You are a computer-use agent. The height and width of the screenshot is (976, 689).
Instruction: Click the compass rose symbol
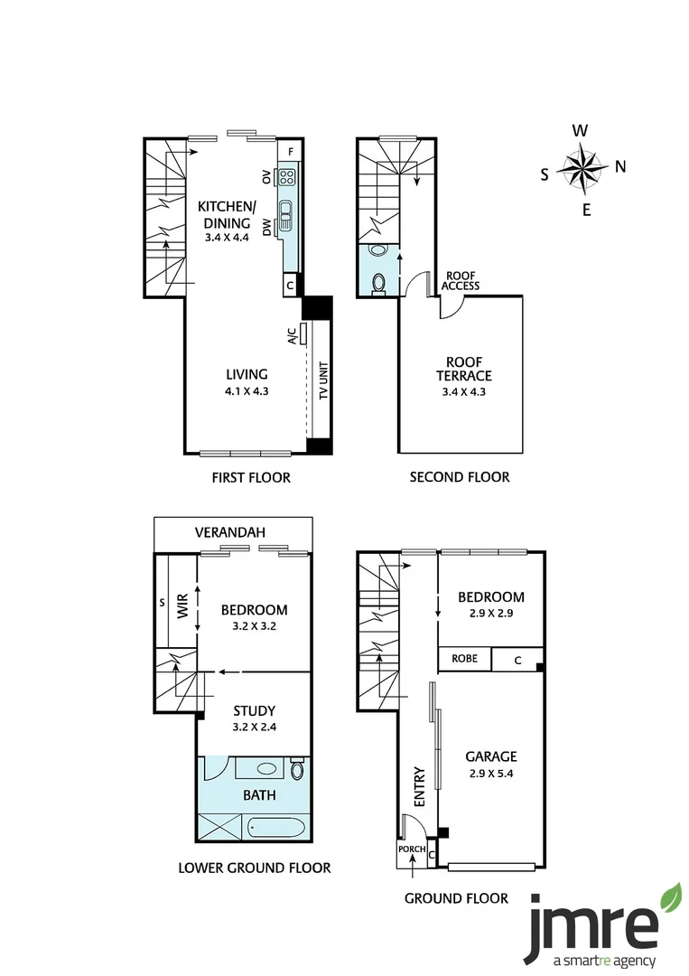pos(582,168)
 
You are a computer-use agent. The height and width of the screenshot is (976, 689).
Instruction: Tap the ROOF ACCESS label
pos(461,281)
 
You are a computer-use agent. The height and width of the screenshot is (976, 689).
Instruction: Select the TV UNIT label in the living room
pos(323,380)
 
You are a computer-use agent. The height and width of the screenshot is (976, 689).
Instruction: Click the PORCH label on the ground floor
pos(412,849)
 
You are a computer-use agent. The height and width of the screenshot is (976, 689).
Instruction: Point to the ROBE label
pos(464,659)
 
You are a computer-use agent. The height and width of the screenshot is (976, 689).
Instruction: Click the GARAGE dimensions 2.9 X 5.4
pos(491,774)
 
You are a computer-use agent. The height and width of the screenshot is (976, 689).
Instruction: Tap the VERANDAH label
pos(230,532)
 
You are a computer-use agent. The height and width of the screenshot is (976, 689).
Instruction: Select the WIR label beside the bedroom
pos(182,606)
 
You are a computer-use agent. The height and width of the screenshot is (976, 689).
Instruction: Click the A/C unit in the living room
pos(304,333)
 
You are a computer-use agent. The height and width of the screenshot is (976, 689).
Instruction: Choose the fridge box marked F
pos(291,151)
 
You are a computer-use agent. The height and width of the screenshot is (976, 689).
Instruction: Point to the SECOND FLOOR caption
pos(460,477)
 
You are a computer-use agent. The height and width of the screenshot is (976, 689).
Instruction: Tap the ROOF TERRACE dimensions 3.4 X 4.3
pos(464,392)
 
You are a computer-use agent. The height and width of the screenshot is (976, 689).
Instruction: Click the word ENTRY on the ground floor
pos(420,787)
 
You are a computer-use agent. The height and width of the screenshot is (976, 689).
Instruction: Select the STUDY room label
pos(255,711)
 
